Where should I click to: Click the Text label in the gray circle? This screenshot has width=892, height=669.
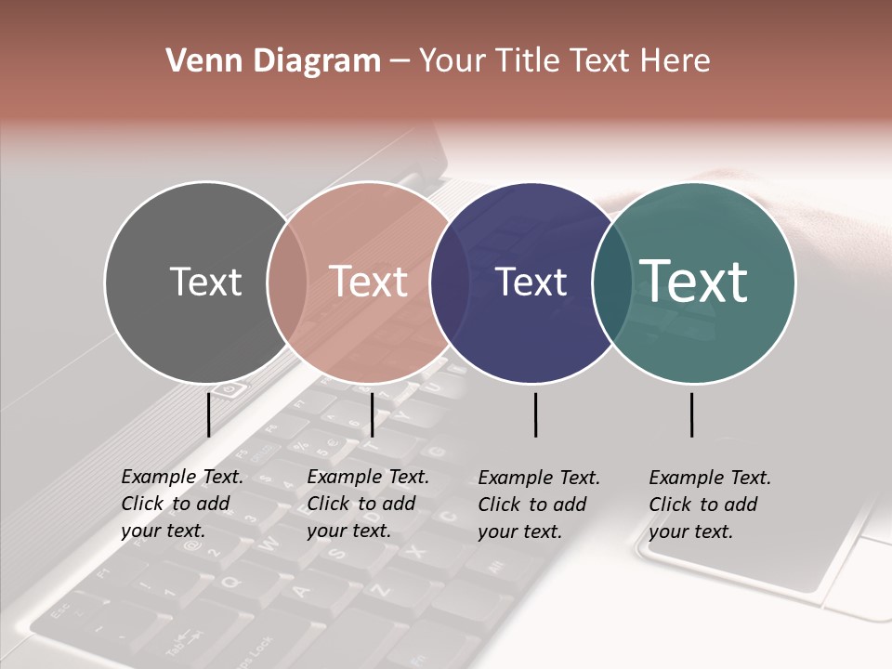click(205, 282)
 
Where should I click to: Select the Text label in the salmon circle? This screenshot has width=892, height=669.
click(369, 282)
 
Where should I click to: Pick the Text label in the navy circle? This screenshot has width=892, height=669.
click(531, 282)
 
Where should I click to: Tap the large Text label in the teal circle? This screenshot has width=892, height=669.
click(694, 281)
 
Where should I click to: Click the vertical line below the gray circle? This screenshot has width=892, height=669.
click(209, 414)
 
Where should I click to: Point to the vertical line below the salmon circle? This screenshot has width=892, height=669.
click(372, 414)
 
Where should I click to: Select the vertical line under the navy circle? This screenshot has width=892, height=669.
click(536, 414)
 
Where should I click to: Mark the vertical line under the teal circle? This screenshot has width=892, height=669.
click(691, 414)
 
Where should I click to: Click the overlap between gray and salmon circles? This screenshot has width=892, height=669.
click(287, 282)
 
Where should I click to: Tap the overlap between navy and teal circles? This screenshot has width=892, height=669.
click(610, 282)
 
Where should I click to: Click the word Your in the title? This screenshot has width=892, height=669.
click(452, 61)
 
